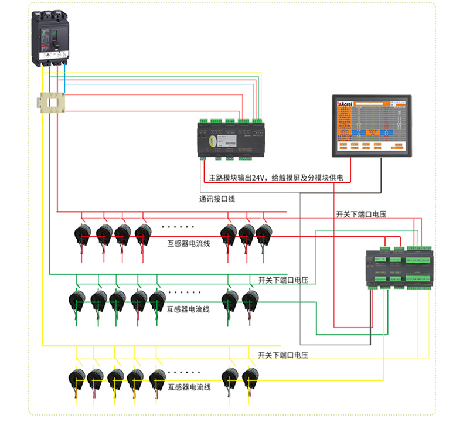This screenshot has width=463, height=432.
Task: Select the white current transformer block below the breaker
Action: tap(52, 103)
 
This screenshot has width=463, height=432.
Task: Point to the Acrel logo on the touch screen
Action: tap(345, 103)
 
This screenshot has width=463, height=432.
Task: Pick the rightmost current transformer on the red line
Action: tap(264, 234)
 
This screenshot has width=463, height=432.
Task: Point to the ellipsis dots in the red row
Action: tap(178, 226)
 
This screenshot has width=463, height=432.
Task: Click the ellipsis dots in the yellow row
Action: tap(184, 372)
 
